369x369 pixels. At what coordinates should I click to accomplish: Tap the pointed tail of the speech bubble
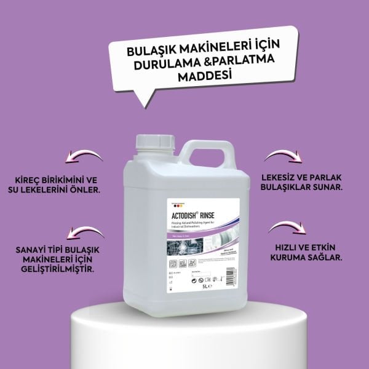[145, 97]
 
